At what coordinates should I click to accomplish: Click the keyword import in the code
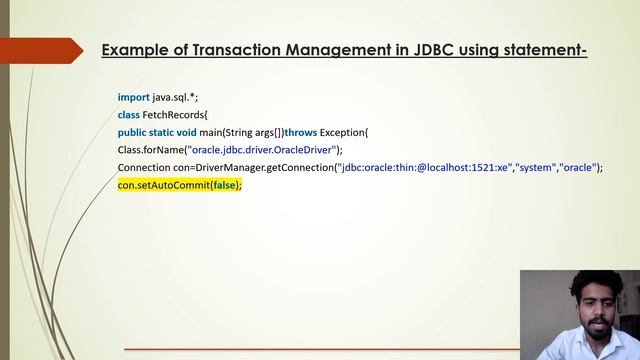133,96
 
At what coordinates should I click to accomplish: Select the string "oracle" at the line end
580,168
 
